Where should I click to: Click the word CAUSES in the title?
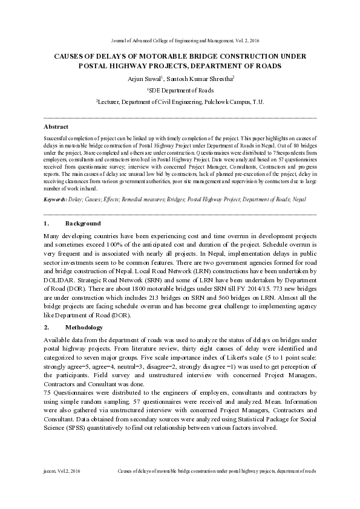pos(70,56)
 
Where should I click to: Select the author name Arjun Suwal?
pos(143,78)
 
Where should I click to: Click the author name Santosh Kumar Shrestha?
pos(199,78)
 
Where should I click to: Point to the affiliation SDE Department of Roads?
pos(180,89)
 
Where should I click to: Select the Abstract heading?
pos(56,127)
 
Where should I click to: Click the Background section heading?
pos(82,224)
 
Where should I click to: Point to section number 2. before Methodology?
pos(47,327)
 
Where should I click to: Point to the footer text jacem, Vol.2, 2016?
pos(62,470)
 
